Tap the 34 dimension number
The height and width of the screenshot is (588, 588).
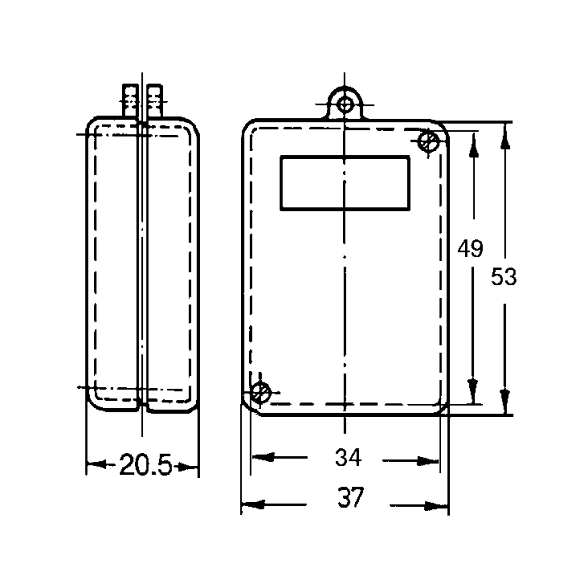point(348,457)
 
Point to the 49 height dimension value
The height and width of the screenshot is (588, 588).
point(470,249)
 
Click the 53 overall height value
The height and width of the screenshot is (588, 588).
point(504,277)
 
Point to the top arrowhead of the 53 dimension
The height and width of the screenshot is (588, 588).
point(505,140)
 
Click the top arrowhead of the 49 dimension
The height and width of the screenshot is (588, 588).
point(474,149)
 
